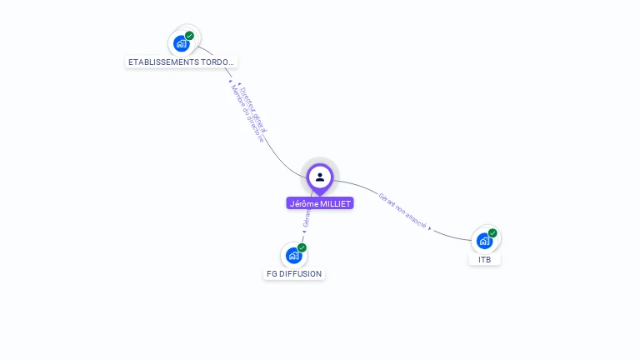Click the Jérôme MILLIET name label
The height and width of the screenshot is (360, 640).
(320, 203)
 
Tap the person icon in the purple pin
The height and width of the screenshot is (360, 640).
(320, 177)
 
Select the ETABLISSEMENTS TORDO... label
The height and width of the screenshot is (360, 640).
(182, 62)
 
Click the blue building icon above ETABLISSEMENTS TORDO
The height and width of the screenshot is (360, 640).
(181, 43)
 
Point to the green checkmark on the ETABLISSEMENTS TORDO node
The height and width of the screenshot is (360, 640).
(190, 36)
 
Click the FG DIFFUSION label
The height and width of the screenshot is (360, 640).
(293, 273)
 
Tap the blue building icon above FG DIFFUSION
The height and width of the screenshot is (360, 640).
(293, 255)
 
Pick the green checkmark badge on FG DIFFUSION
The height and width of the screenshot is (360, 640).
(302, 247)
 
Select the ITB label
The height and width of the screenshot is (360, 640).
(485, 259)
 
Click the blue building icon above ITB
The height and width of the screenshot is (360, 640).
(484, 241)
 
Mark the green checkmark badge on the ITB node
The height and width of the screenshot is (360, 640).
(492, 233)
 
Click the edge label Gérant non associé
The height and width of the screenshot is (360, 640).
(402, 212)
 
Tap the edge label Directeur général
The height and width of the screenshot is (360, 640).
(253, 107)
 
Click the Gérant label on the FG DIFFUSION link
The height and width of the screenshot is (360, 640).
(307, 219)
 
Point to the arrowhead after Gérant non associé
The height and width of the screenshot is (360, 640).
(430, 227)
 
